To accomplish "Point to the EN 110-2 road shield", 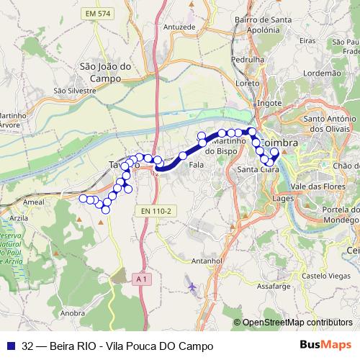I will [x=156, y=211].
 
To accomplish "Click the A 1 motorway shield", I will [x=140, y=277].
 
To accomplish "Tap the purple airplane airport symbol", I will [x=192, y=287].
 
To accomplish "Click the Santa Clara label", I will [x=253, y=170].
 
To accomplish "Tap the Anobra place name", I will [x=73, y=313].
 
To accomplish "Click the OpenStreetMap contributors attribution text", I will [x=299, y=323].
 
